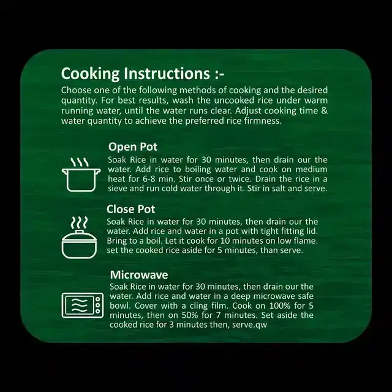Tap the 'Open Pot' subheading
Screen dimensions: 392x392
133,147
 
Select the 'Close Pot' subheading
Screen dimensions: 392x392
130,209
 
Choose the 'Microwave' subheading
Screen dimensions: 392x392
139,275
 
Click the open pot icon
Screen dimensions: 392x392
81,175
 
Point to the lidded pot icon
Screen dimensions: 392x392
79,238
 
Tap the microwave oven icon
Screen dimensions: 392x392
83,305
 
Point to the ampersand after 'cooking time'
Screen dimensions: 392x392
324,110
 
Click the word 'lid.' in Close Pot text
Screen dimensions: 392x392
312,231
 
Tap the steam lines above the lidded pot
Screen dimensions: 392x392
79,223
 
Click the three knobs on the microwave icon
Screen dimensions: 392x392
98,305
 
